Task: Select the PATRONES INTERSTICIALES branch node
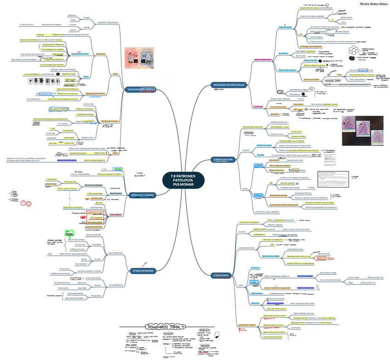[x=229, y=85]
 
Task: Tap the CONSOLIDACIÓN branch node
[x=224, y=160]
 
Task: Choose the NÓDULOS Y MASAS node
[x=143, y=195]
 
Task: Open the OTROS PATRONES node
[x=143, y=271]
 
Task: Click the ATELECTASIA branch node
[x=221, y=275]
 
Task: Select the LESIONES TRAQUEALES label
[x=108, y=23]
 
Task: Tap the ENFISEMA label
[x=101, y=54]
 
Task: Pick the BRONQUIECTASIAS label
[x=109, y=121]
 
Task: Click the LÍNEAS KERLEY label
[x=286, y=28]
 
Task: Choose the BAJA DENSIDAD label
[x=115, y=253]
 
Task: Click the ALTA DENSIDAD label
[x=115, y=285]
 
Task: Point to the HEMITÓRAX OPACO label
[x=247, y=325]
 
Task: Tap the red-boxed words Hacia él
[x=320, y=259]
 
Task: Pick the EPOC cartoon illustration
[x=141, y=58]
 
